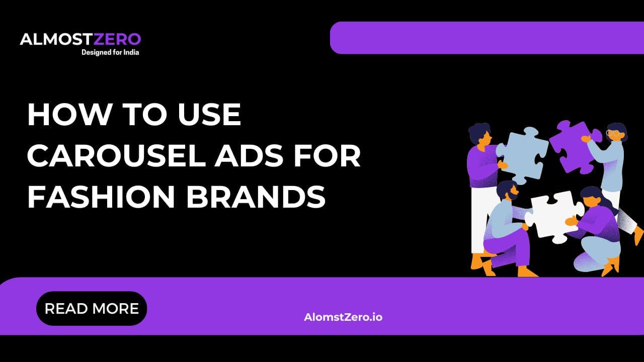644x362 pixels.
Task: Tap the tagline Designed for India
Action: [x=110, y=52]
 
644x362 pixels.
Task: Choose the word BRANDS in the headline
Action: [x=256, y=198]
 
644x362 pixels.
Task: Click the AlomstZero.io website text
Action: [x=343, y=317]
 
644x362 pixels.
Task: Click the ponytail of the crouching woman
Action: [x=606, y=201]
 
